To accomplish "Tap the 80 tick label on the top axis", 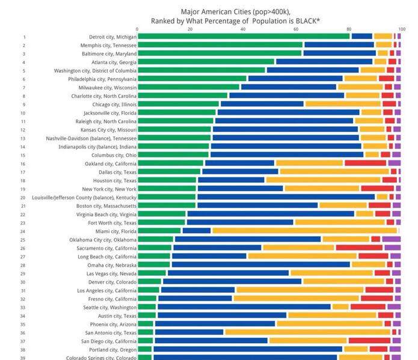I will (x=349, y=28).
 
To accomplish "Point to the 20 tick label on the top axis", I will (x=190, y=28).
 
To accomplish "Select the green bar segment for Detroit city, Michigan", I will (x=244, y=37).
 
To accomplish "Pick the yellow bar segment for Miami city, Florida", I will (x=304, y=231).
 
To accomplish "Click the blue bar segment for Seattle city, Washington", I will (x=244, y=307).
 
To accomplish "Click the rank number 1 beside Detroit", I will (x=24, y=37).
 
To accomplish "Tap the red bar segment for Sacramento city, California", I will (x=359, y=248).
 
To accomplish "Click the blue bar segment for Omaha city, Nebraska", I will (x=260, y=264).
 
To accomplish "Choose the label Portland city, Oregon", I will (x=112, y=349).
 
